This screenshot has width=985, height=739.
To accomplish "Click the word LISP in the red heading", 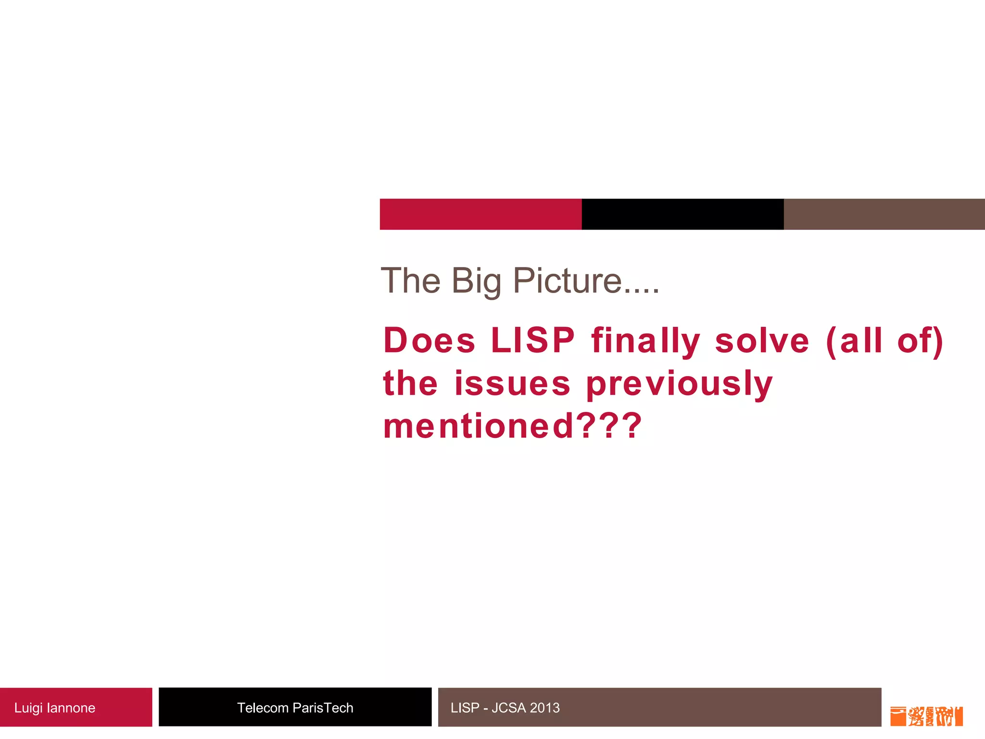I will (532, 340).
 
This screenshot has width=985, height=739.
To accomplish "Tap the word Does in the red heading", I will (429, 340).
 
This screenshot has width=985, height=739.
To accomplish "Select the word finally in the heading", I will (645, 341).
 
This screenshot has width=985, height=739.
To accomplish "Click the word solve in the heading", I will (762, 340).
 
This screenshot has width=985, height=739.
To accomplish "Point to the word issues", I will (512, 383).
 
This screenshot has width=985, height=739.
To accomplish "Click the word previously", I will (679, 384).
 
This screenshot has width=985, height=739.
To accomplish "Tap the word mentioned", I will (479, 426).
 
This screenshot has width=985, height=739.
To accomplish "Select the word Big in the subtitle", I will (476, 281).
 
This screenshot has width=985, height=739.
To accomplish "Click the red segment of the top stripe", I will (480, 214).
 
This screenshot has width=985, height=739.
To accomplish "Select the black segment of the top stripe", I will (682, 214).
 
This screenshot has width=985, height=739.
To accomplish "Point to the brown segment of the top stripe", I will (884, 214).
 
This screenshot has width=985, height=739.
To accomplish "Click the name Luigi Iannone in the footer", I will (55, 708).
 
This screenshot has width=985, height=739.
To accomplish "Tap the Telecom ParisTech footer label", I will (295, 708).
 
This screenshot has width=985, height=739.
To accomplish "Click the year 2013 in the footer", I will (545, 708).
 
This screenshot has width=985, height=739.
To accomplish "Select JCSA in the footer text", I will (508, 708).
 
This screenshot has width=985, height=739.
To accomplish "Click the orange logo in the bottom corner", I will (926, 716).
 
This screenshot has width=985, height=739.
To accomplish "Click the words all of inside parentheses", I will (885, 340).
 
